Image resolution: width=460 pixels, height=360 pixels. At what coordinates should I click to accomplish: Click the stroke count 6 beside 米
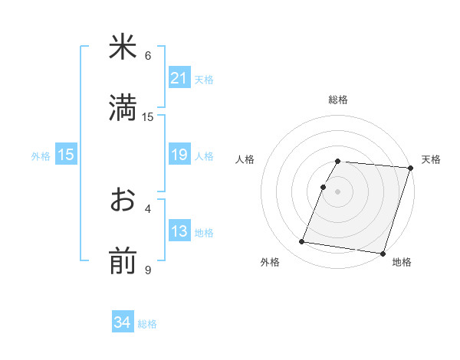[148, 55]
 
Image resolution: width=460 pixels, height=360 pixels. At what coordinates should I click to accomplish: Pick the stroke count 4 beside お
[148, 208]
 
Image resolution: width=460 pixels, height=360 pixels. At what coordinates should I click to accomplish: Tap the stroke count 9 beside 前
[148, 270]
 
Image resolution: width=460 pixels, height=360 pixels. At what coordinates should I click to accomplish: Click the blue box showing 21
[179, 78]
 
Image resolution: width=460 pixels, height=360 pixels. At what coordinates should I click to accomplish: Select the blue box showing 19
[179, 155]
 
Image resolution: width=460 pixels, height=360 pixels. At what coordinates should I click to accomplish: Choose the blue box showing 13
[179, 231]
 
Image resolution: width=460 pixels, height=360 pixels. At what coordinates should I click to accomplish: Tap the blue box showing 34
[123, 323]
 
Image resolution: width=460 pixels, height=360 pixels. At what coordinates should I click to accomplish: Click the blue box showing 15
[66, 155]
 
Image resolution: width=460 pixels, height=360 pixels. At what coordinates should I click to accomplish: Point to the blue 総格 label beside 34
[147, 324]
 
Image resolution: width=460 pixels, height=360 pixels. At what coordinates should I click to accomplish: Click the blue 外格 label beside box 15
[41, 155]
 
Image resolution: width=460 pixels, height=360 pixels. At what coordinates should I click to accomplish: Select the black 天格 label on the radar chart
[431, 159]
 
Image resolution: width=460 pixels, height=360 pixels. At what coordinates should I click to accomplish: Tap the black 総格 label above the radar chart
[338, 100]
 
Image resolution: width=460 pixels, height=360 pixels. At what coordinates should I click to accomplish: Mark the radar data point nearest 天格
[410, 168]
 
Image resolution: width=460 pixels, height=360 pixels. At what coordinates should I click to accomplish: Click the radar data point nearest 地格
[383, 253]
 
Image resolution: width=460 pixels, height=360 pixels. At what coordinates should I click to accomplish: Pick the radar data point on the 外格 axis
[302, 242]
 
